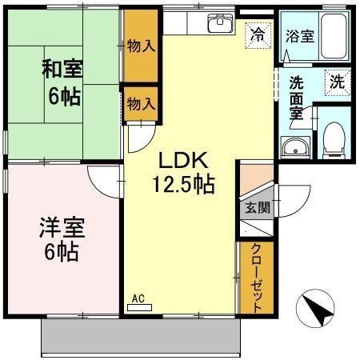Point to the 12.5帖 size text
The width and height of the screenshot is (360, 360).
183,185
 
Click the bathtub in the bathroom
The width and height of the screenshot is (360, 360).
335,37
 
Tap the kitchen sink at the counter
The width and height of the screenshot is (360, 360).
218,23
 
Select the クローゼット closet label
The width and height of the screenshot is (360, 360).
258,278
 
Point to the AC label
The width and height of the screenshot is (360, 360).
138,299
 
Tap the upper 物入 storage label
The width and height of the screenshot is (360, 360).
141,46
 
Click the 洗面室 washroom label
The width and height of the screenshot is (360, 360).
295,98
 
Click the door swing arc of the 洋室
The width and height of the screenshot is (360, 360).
99,185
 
